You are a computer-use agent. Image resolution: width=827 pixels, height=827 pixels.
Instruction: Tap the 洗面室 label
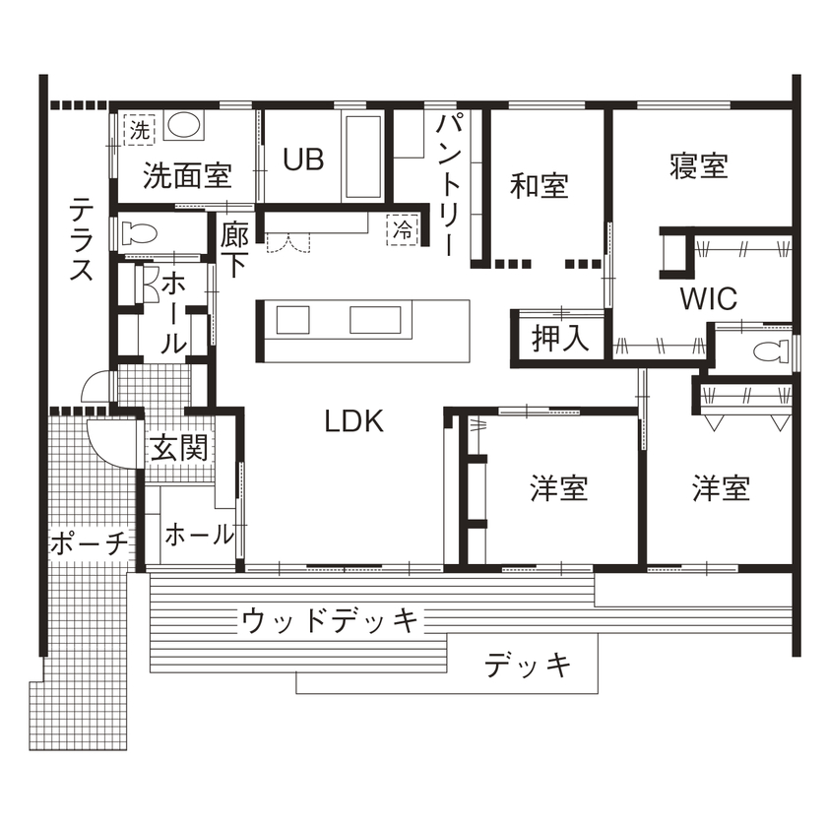(x=187, y=176)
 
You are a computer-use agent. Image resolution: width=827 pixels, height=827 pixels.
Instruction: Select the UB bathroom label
(x=303, y=159)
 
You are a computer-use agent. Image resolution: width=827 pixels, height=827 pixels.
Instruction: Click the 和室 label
(x=540, y=185)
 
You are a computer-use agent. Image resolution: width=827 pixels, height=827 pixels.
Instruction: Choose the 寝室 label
(x=699, y=165)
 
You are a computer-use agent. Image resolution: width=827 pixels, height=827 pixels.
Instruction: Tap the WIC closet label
(x=708, y=299)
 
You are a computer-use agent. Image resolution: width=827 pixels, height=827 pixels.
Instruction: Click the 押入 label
(x=560, y=339)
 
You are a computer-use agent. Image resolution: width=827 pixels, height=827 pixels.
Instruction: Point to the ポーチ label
(x=89, y=542)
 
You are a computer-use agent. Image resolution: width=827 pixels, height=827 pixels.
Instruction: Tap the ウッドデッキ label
(x=330, y=620)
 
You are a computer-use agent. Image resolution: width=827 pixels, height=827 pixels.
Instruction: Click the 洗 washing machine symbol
(x=140, y=129)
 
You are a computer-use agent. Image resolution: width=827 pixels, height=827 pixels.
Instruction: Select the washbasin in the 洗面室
(x=184, y=125)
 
